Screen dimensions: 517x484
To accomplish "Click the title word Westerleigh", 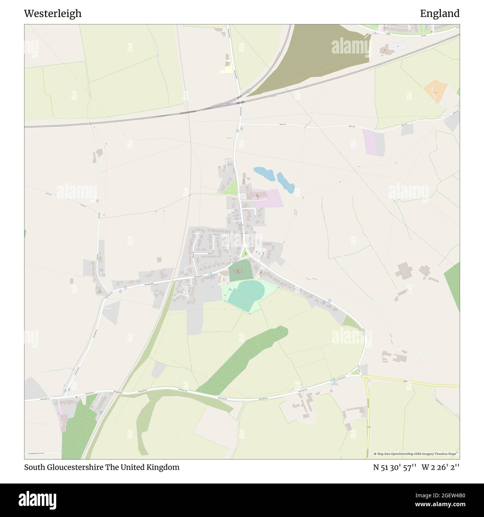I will pyautogui.click(x=52, y=14).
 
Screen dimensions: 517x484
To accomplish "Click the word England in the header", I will pyautogui.click(x=440, y=14).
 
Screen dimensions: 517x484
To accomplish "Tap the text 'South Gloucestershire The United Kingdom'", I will pyautogui.click(x=102, y=467).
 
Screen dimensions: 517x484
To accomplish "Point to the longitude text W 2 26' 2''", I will pyautogui.click(x=441, y=467).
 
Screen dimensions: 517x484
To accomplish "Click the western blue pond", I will pyautogui.click(x=264, y=173).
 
